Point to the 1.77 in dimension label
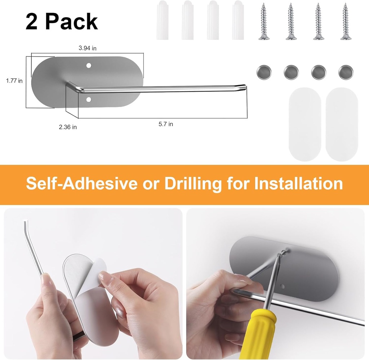pos(14,81)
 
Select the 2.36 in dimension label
pos(68,126)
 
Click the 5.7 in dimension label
pos(166,124)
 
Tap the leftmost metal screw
pos(264,21)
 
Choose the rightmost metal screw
pos(345,21)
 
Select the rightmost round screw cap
pos(346,72)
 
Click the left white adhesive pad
pos(305,124)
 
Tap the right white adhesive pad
pos(342,124)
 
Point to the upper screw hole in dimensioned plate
pos(89,66)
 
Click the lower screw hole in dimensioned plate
pos(89,98)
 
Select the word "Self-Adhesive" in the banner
pos(81,183)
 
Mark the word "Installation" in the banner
pos(298,183)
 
